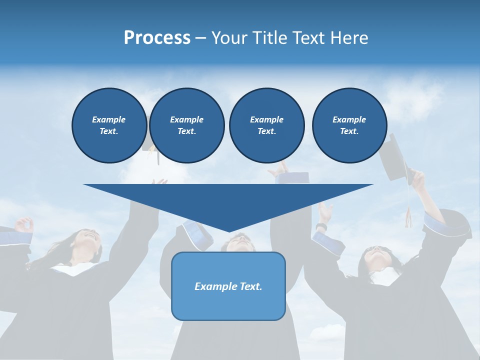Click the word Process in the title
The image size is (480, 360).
pyautogui.click(x=157, y=38)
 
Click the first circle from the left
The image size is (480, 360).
pyautogui.click(x=109, y=125)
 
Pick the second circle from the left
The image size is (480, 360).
pyautogui.click(x=186, y=125)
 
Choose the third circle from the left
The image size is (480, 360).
pyautogui.click(x=266, y=125)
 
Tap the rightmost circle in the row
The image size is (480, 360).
pyautogui.click(x=349, y=125)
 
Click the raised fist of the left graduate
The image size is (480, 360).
pyautogui.click(x=24, y=224)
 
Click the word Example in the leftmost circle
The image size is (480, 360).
pyautogui.click(x=109, y=119)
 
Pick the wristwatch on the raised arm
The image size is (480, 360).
pyautogui.click(x=321, y=228)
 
